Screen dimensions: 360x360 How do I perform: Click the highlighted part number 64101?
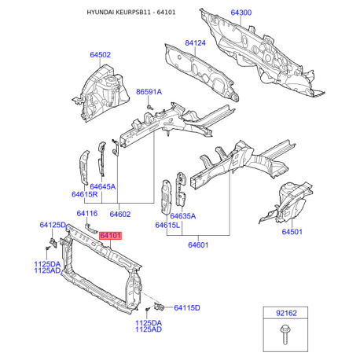(x=111, y=236)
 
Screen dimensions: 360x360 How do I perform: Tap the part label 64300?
(x=241, y=13)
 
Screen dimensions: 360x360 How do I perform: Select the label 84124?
(x=195, y=42)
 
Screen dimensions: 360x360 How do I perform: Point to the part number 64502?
(x=100, y=55)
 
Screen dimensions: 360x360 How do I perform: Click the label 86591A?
(x=149, y=92)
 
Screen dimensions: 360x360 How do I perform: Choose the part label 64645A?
(x=102, y=186)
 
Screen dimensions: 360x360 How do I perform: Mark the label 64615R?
(x=84, y=194)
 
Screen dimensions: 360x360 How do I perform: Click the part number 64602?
(x=120, y=214)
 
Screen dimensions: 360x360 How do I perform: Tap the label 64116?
(x=87, y=213)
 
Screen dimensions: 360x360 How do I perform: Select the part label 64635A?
(x=183, y=216)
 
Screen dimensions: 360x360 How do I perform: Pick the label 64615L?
(x=167, y=225)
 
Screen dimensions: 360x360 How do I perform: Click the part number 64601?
(x=198, y=245)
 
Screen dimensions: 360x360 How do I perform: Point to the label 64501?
(x=292, y=232)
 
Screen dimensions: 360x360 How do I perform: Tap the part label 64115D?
(x=187, y=307)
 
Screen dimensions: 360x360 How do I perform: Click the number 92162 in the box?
(x=286, y=313)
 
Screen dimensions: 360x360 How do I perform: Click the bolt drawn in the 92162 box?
(x=285, y=334)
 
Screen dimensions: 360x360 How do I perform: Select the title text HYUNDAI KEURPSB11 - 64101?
(x=131, y=13)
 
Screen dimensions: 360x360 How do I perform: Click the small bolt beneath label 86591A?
(x=149, y=107)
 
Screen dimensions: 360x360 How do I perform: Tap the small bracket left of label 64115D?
(x=159, y=306)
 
